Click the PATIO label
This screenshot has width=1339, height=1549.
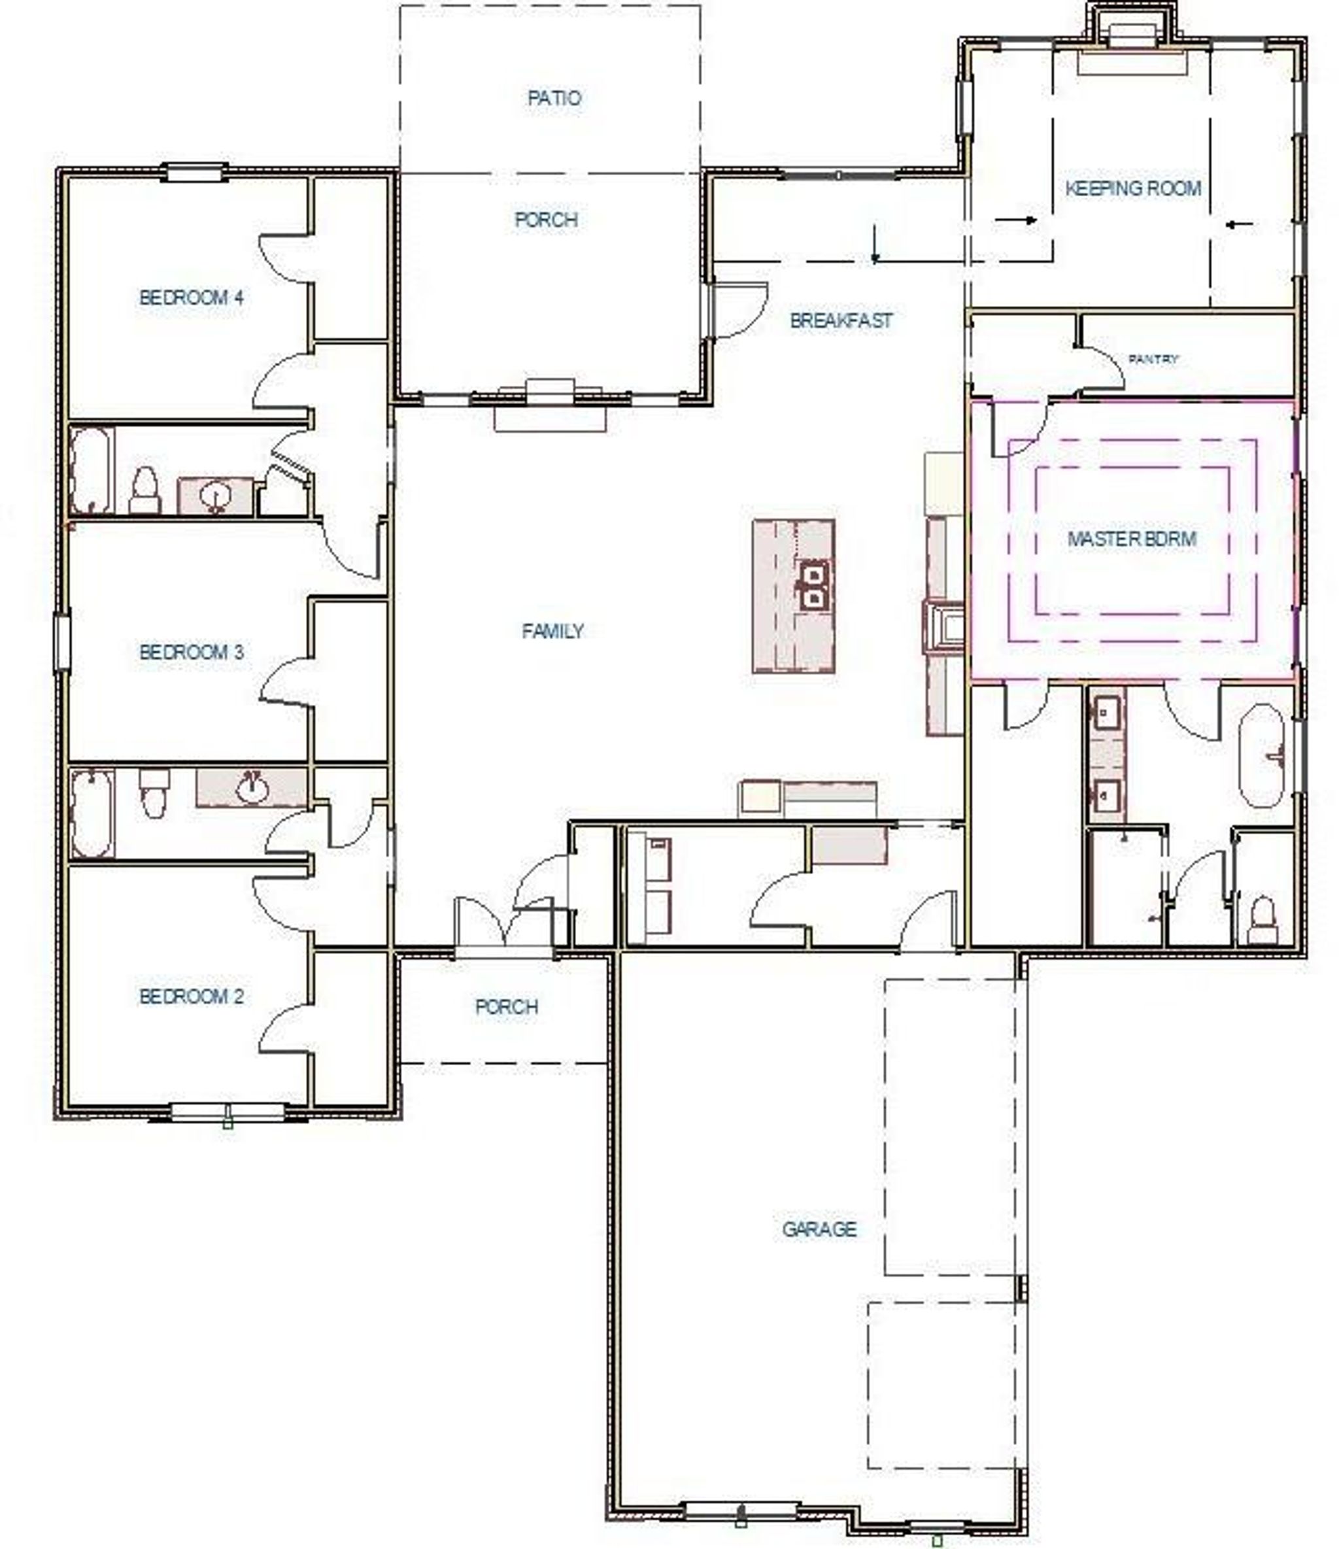554,98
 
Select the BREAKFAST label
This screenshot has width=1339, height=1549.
841,320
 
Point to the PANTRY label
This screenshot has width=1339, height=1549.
1153,359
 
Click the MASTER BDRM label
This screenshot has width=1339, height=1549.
1131,538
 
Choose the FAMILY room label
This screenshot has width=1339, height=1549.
552,631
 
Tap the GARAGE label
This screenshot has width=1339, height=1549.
819,1229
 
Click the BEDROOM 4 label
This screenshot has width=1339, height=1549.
192,298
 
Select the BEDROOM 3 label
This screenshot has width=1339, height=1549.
192,652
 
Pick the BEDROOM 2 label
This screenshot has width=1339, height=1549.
192,996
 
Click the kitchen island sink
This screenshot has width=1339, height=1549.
813,585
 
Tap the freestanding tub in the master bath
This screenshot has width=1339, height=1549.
1262,755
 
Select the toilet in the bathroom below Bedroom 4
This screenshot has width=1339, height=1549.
145,490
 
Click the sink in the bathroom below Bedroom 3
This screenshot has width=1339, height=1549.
251,787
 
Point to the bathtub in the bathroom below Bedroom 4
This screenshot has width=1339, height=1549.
92,470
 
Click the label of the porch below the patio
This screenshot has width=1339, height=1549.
547,220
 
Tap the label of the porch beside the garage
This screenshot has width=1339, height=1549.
507,1006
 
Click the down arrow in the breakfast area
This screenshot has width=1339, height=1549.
874,243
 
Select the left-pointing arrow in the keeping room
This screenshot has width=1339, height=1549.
1240,224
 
